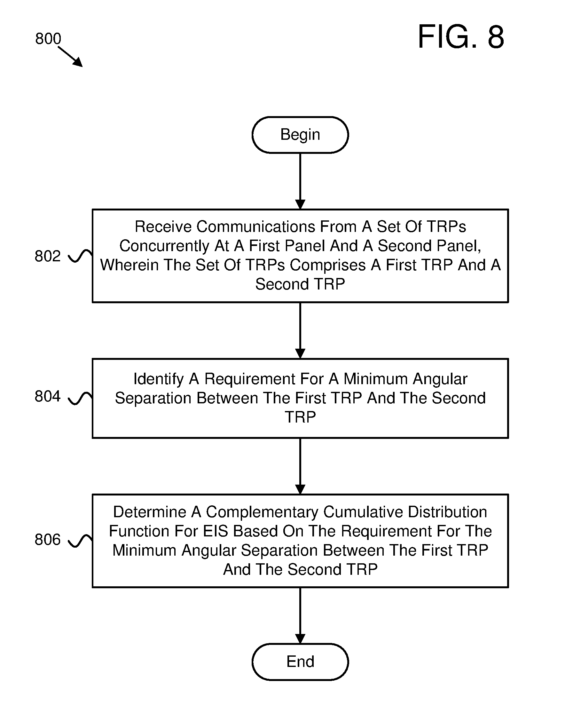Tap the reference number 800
[x=48, y=38]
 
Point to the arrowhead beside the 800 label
[x=78, y=62]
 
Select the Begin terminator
[x=300, y=135]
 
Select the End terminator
[x=300, y=662]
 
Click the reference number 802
[x=48, y=256]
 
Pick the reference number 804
[x=48, y=396]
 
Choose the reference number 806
[x=48, y=540]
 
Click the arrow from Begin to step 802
[x=300, y=181]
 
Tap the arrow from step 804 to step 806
[x=300, y=466]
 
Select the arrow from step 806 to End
[x=300, y=616]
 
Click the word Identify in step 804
[x=158, y=379]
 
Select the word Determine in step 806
[x=150, y=512]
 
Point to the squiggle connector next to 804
[x=80, y=398]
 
